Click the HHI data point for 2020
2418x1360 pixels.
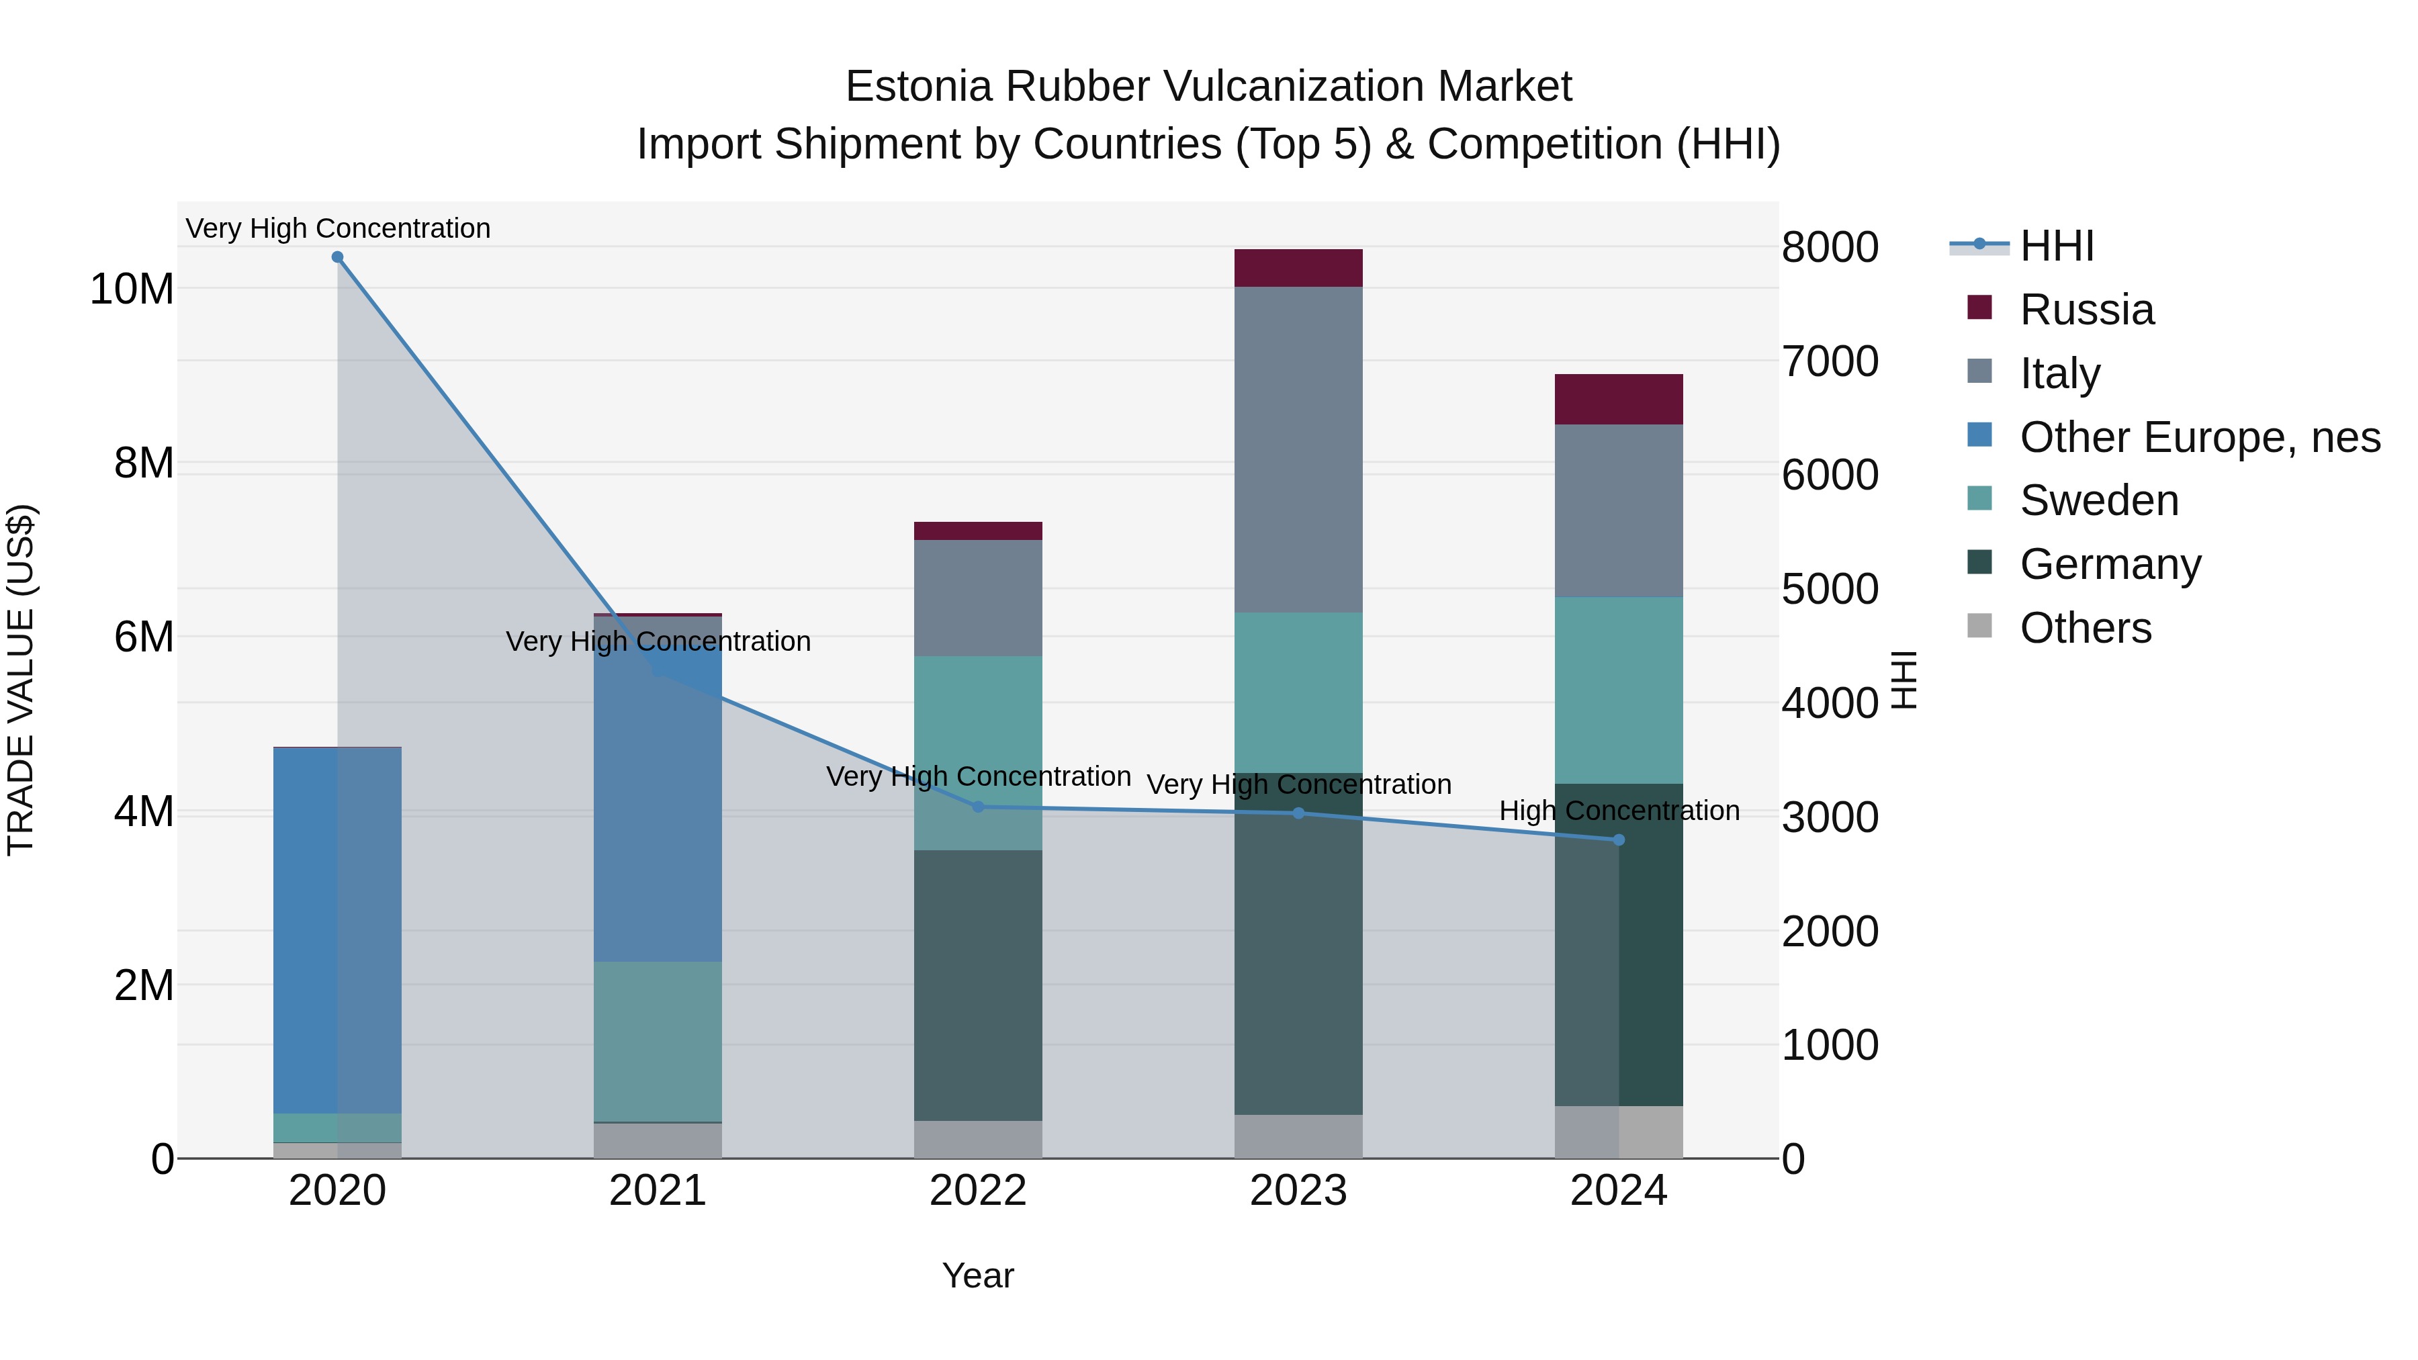click(337, 257)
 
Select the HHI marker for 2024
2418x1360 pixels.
click(1618, 840)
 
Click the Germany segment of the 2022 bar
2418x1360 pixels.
click(977, 985)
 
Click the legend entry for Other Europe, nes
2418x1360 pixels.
click(2199, 437)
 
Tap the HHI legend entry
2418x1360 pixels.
click(2056, 246)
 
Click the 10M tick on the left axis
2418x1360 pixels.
click(132, 289)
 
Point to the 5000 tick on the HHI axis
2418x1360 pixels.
click(1830, 590)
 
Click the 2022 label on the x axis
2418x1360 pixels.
click(977, 1191)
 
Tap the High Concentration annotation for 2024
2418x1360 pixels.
click(1618, 810)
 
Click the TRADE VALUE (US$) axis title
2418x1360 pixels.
click(21, 680)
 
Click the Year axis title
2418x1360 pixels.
click(977, 1275)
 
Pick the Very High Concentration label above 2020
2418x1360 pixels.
click(338, 228)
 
